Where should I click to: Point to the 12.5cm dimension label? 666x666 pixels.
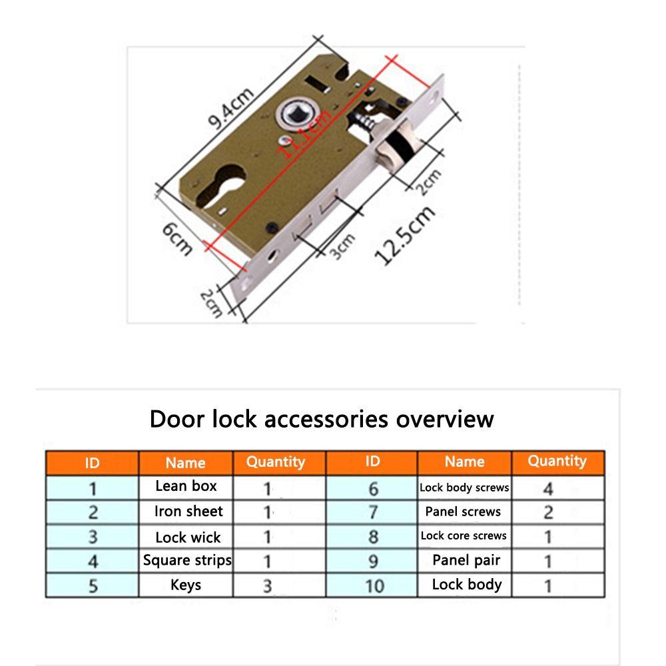point(405,236)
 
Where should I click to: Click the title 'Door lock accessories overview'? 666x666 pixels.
point(322,419)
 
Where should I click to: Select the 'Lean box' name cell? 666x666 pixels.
point(186,486)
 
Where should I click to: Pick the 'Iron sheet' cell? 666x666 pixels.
point(188,511)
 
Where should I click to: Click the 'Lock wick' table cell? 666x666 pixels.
point(188,537)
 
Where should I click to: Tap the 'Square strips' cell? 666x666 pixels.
point(187,560)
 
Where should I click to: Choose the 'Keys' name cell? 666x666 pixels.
point(185,585)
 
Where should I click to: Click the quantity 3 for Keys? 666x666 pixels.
point(267,586)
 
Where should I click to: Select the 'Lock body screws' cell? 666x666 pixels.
point(464,488)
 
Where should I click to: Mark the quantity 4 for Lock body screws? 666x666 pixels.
point(547,489)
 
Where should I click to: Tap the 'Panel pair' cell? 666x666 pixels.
point(466,560)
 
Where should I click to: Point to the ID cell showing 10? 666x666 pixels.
point(374,586)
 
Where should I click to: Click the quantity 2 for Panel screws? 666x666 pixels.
point(548,513)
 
